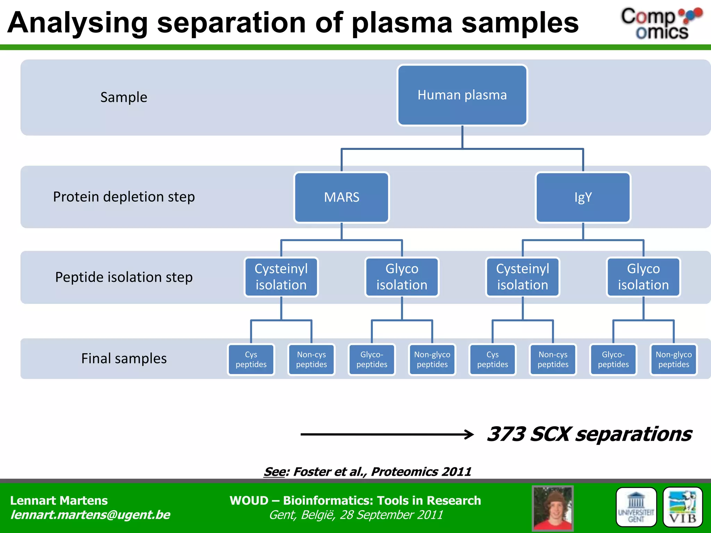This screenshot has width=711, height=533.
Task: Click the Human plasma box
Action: click(x=462, y=95)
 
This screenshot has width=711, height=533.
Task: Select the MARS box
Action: click(x=342, y=197)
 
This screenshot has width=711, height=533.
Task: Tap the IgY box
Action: click(x=583, y=197)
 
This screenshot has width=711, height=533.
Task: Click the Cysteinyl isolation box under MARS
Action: click(x=281, y=277)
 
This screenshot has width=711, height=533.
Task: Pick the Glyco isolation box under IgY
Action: click(x=643, y=277)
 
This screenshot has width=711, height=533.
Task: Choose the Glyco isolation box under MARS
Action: click(x=402, y=277)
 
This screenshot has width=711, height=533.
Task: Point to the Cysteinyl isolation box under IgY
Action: click(x=522, y=277)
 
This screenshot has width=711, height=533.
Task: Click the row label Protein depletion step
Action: click(x=124, y=197)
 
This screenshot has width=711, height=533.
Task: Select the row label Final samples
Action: click(x=124, y=358)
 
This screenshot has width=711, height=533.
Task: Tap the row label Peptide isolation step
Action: click(x=124, y=277)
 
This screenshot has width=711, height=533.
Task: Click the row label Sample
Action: click(x=124, y=97)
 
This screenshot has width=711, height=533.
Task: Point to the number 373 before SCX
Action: click(x=506, y=434)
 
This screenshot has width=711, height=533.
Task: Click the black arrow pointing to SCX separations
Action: click(x=387, y=434)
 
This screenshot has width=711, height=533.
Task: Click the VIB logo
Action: click(x=683, y=507)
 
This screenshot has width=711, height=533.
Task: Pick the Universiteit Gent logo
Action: click(x=636, y=507)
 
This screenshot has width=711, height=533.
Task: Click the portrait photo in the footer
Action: click(x=552, y=508)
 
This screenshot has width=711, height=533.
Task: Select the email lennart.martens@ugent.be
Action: click(x=90, y=515)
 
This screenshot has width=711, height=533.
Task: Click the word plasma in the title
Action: click(x=402, y=23)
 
